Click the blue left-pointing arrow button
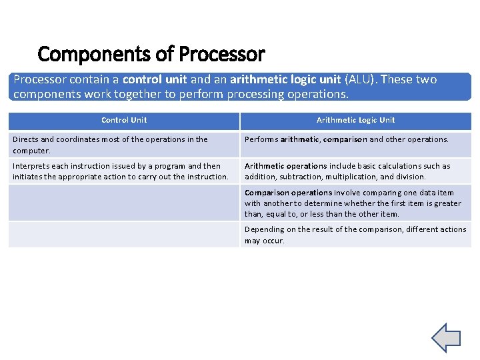coord(446,337)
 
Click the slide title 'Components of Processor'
coord(151,53)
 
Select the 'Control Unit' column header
coord(124,120)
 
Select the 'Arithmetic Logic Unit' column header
coord(355,120)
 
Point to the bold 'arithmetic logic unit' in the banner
coord(285,80)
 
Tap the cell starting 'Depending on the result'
coord(355,235)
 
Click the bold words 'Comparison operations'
coord(288,193)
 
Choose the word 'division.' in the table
coord(411,177)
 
